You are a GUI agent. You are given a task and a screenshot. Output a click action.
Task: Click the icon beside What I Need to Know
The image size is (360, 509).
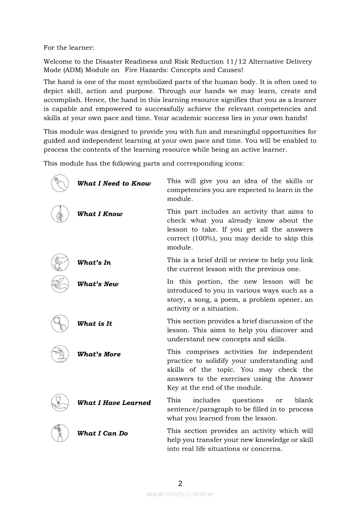tap(60, 183)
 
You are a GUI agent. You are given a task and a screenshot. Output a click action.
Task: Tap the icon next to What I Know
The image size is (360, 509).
tap(60, 214)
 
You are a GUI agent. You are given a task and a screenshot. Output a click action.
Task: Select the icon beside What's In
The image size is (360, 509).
tap(60, 263)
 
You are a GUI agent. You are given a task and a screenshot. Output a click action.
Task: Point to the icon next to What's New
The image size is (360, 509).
tap(60, 284)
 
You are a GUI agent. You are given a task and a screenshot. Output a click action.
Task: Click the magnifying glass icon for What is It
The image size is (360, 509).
tap(60, 324)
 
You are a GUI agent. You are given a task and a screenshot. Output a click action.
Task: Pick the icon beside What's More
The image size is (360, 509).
tap(60, 354)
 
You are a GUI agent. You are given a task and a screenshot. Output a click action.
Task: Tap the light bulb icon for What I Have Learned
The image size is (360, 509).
tap(60, 403)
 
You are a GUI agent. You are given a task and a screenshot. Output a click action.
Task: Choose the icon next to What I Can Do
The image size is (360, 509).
tap(60, 433)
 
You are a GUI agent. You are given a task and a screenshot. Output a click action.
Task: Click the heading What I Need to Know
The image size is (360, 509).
tap(114, 184)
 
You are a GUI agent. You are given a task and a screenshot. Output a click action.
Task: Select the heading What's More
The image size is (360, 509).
tap(99, 354)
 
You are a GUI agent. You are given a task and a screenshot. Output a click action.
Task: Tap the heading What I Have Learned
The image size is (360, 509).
tap(114, 403)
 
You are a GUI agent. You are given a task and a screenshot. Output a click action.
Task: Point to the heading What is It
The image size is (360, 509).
tap(95, 324)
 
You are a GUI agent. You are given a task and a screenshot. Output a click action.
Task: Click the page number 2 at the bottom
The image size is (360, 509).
tap(180, 483)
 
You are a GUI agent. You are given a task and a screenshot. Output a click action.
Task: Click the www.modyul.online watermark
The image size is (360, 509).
tap(180, 494)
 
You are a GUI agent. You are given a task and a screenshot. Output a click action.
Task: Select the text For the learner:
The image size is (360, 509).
tap(69, 47)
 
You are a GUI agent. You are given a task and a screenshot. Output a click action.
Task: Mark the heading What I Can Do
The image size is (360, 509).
tap(102, 434)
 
